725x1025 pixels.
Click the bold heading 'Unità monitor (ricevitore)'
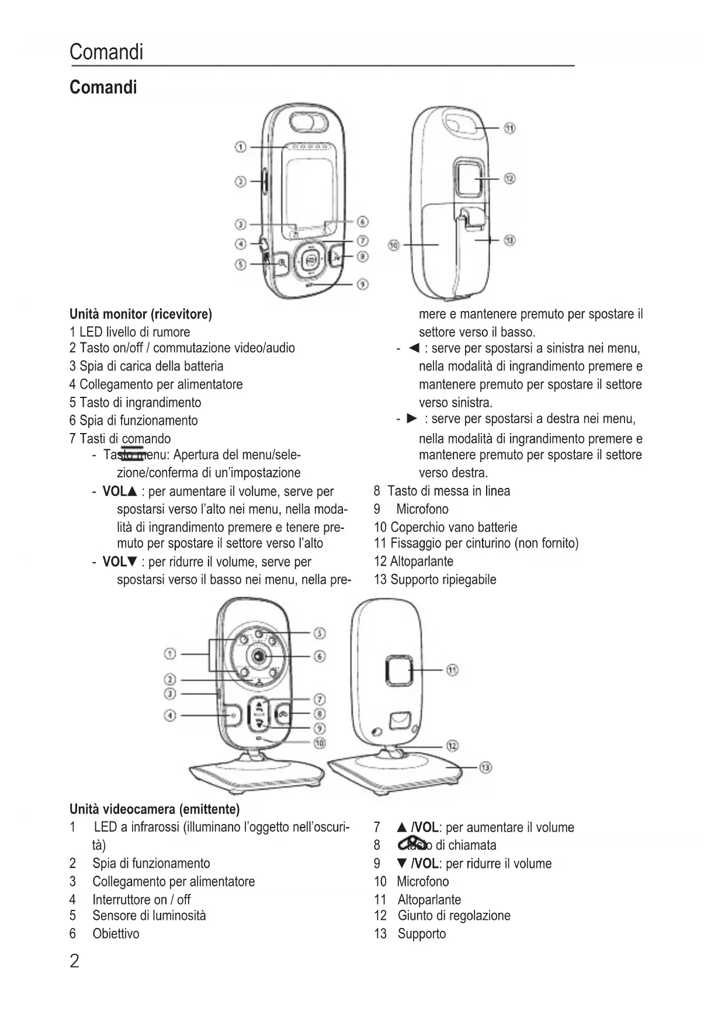coord(140,314)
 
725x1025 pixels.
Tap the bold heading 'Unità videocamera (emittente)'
coord(154,809)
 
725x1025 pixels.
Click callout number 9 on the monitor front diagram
coord(363,284)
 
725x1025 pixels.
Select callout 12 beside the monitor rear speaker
coord(509,178)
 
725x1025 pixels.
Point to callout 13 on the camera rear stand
coord(485,767)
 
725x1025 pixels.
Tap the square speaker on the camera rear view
coord(399,670)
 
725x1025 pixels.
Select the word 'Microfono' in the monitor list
coord(422,509)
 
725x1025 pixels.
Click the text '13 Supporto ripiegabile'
coord(435,580)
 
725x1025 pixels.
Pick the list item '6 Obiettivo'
coord(105,934)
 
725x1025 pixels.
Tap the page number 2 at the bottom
coord(74,961)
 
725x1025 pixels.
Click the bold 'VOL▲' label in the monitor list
coord(119,491)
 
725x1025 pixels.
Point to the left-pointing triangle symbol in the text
coord(414,348)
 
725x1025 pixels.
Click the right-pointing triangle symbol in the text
coord(412,418)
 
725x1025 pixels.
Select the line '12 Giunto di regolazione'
coord(442,916)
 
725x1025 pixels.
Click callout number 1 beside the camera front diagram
coord(170,653)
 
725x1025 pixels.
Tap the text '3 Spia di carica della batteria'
coord(146,366)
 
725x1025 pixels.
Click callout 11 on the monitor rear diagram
coord(509,128)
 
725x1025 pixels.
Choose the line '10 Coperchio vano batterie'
coord(445,527)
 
